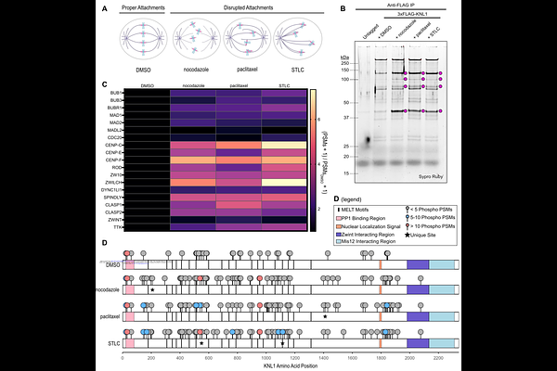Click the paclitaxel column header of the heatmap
(x=239, y=85)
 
